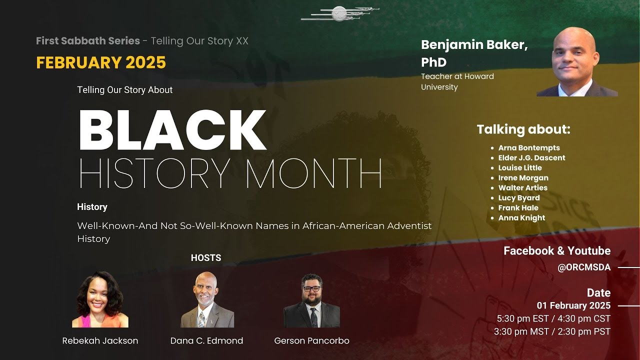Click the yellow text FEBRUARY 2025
coord(101,62)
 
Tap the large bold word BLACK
coord(172,130)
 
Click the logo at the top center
coord(339,13)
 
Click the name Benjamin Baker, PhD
coord(474,53)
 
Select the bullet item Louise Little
coord(520,168)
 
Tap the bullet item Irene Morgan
coord(523,178)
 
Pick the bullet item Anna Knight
coord(521,218)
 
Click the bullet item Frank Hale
coord(518,208)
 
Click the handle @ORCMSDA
coord(584,267)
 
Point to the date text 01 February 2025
coord(573,305)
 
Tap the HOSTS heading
coord(206,258)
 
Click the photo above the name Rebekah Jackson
coord(100,299)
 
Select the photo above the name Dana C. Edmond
coord(207,299)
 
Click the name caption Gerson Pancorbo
coord(311,341)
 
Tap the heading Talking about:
coord(523,129)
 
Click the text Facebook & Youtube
coord(557,251)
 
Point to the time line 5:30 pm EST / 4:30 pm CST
coord(553,318)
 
